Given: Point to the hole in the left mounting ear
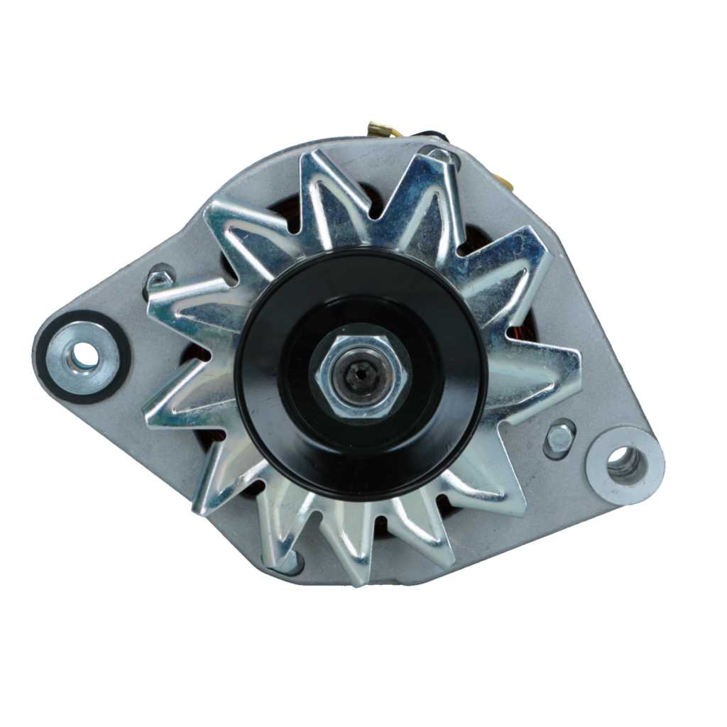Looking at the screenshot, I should click(x=84, y=354).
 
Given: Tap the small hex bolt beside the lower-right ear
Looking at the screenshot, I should click(x=559, y=439).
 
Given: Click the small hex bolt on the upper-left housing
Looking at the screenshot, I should click(x=159, y=278).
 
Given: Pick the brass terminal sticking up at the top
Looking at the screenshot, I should click(x=375, y=130).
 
